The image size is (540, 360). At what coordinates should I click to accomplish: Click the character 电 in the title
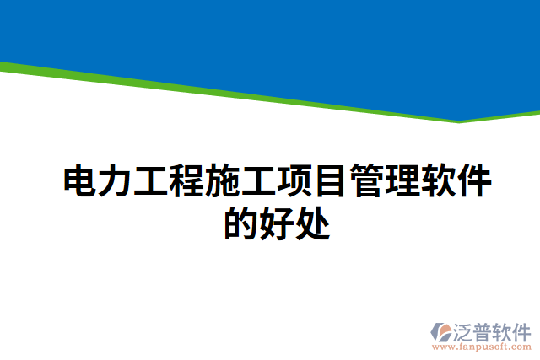pos(82,182)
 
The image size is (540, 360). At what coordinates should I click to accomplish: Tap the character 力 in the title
pos(117,182)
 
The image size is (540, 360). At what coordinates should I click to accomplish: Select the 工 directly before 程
pos(153,182)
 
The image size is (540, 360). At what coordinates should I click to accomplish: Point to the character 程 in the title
pos(188,182)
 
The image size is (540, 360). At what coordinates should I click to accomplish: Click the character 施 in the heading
pos(224,182)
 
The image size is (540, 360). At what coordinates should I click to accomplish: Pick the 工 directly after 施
pos(259,182)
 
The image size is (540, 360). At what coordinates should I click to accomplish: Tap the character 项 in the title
pos(295,182)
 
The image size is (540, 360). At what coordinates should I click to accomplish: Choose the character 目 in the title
pos(331,182)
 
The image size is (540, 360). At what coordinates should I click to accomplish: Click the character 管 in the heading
pos(366,182)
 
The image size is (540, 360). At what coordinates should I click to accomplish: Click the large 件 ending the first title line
pos(473,182)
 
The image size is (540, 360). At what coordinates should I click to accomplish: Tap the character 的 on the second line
pos(240,223)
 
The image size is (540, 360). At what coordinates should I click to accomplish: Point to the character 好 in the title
pos(276,223)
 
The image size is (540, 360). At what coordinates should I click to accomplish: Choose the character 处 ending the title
pos(311,223)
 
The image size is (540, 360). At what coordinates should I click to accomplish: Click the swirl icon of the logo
pos(444,330)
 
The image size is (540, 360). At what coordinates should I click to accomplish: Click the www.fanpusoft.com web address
pos(481,346)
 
